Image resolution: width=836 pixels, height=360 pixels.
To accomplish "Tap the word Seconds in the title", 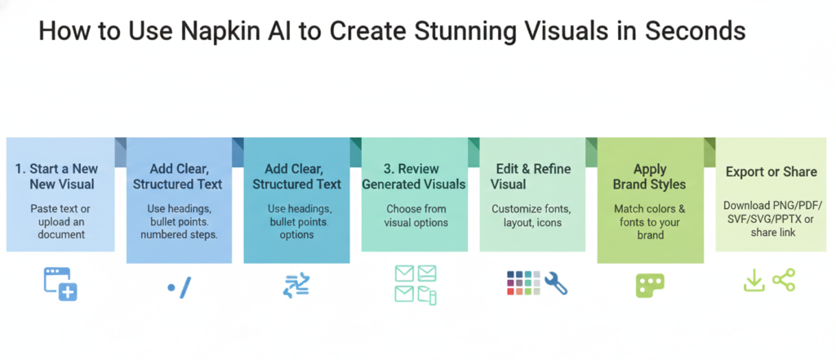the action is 695,32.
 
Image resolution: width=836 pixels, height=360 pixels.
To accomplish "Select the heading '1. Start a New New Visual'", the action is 56,176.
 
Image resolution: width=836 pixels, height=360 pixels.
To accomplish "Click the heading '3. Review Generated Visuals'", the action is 414,176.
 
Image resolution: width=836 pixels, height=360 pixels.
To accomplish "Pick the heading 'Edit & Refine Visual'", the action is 531,176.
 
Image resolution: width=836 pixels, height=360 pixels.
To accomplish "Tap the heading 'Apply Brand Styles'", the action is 649,177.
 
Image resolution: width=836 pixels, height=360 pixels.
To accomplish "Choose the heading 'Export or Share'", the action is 772,171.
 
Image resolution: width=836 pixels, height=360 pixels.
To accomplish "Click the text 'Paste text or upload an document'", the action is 60,221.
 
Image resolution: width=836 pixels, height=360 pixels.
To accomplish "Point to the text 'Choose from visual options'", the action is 416,216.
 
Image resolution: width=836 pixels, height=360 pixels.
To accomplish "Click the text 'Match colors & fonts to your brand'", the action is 649,221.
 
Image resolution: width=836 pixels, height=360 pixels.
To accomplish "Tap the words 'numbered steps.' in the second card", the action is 179,234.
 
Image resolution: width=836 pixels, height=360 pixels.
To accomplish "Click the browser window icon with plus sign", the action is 60,284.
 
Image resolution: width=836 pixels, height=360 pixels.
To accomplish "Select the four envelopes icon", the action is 416,285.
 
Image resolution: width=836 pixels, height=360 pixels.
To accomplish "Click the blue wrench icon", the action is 556,283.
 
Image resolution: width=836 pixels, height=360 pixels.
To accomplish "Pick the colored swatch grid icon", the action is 523,283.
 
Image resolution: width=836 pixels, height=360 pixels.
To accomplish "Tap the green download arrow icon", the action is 754,281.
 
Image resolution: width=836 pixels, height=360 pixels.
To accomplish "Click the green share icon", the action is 784,280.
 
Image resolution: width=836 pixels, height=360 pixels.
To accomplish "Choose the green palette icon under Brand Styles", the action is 650,286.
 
